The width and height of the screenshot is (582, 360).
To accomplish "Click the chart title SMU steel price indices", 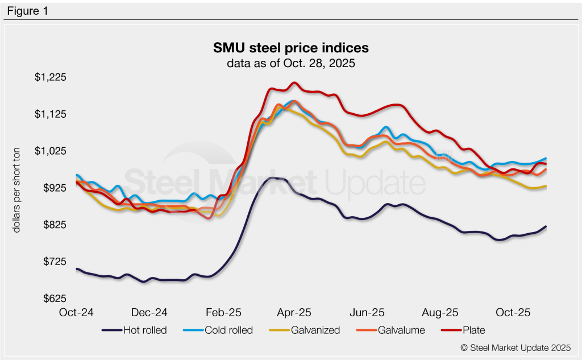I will click(290, 46).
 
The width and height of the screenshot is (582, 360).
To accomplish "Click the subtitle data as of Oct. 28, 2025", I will click(290, 63).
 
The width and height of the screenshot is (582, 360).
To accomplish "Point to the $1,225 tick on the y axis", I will click(51, 77).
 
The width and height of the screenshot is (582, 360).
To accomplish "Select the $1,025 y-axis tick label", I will click(51, 151).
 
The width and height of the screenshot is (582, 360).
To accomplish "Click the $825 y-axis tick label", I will click(55, 225).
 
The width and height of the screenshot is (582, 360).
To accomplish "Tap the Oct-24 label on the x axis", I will click(77, 313).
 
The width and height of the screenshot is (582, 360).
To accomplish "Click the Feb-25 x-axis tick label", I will click(223, 313).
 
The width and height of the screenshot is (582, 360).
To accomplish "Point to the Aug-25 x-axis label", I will click(440, 313).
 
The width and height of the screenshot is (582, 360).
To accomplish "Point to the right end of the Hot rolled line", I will click(546, 227).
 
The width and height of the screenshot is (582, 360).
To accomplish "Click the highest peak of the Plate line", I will click(294, 82).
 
